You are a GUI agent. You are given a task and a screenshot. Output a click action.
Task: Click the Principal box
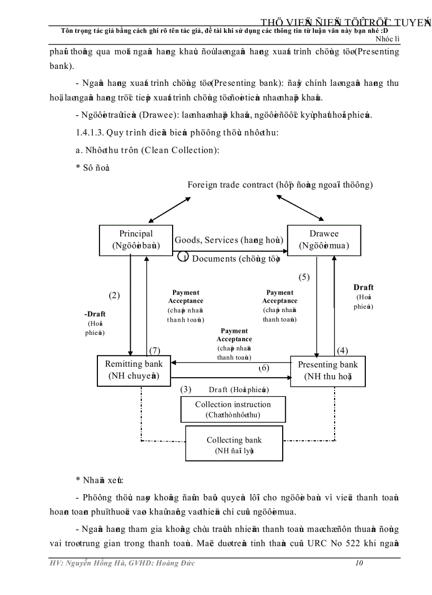point(136,240)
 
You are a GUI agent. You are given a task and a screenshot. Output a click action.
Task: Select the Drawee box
point(324,240)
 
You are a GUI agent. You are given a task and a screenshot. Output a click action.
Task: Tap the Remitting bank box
point(134,370)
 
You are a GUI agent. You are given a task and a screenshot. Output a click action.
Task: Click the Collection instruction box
point(233,410)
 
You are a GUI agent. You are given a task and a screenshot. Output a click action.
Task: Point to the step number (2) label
point(114,296)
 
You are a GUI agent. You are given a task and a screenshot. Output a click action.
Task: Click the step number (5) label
point(304,277)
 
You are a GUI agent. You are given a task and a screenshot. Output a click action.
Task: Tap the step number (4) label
point(343,350)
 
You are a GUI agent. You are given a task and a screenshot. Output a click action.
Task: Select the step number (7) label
point(155,350)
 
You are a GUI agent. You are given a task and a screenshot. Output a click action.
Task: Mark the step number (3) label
point(186,389)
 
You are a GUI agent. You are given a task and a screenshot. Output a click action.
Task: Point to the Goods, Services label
point(206,240)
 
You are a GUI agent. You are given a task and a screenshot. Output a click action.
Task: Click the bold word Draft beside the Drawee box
point(364,287)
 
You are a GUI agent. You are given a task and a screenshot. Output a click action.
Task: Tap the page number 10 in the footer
point(359,563)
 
